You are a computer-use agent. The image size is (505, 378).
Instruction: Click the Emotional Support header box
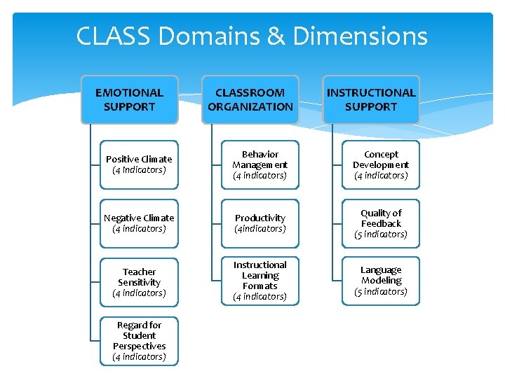pos(129,99)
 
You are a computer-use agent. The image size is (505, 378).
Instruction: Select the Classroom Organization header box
pos(250,99)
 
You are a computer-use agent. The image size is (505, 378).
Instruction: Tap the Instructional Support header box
pos(371,99)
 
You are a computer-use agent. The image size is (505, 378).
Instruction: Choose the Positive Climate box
pos(139,164)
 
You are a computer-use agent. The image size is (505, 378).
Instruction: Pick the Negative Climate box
pos(139,223)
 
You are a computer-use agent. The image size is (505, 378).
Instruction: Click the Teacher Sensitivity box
pos(139,282)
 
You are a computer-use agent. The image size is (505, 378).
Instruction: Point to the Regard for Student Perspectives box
pos(139,341)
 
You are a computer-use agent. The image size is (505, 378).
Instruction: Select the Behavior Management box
pos(260,164)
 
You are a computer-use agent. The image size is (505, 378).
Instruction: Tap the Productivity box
pos(260,223)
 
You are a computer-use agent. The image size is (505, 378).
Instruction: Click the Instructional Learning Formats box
pos(260,281)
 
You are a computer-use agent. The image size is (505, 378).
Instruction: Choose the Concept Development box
pos(381,164)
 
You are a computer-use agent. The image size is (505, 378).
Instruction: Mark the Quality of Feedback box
pos(381,223)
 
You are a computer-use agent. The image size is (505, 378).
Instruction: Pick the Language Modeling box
pos(381,281)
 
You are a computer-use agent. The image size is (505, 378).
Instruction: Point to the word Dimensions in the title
pos(360,36)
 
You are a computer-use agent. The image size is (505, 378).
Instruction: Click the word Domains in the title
pos(206,36)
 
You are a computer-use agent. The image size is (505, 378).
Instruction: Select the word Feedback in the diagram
pos(381,223)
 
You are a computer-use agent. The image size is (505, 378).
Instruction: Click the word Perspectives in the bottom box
pos(139,346)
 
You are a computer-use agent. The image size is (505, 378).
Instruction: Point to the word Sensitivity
pos(139,282)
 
